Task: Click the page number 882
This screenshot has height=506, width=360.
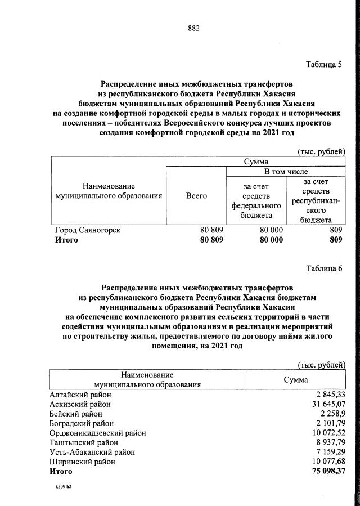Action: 194,28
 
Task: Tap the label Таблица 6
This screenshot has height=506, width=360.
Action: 324,267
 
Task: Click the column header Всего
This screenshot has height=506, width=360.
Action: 196,195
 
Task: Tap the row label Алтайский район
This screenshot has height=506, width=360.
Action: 80,395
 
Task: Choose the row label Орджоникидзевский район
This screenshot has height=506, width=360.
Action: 98,433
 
